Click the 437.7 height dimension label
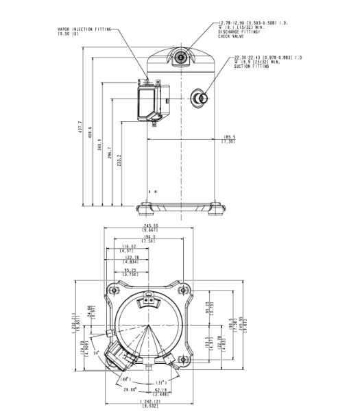point(81,128)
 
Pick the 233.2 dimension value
point(121,164)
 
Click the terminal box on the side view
point(152,101)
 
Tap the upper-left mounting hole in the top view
point(110,291)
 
